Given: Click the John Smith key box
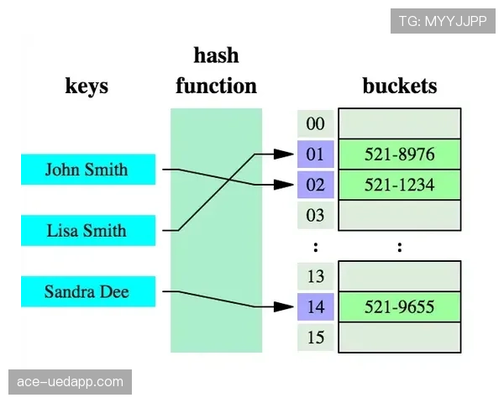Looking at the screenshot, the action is click(88, 170).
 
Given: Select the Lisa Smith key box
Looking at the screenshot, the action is click(88, 230).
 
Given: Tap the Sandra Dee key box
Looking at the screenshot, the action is click(88, 291).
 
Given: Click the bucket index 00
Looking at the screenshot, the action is click(315, 123).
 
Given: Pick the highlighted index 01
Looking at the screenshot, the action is click(315, 154).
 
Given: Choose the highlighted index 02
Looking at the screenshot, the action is click(315, 185).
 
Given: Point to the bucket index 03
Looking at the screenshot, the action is click(315, 215).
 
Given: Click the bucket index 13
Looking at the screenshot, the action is click(315, 276).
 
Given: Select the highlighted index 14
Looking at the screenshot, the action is click(315, 307).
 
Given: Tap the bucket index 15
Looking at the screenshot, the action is click(315, 338).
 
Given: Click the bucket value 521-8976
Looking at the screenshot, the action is click(400, 154).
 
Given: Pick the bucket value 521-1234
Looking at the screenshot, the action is click(400, 185).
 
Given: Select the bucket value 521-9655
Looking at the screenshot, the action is click(400, 307).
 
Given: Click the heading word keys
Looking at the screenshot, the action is click(87, 86).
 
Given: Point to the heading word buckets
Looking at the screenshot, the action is click(400, 86).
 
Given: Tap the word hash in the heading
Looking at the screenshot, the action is click(217, 55).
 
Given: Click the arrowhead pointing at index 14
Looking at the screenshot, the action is click(284, 307).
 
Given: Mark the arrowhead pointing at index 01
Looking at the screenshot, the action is click(284, 154).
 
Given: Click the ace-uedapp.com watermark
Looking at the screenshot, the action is click(70, 382).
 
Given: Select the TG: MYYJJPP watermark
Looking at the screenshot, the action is click(443, 21).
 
